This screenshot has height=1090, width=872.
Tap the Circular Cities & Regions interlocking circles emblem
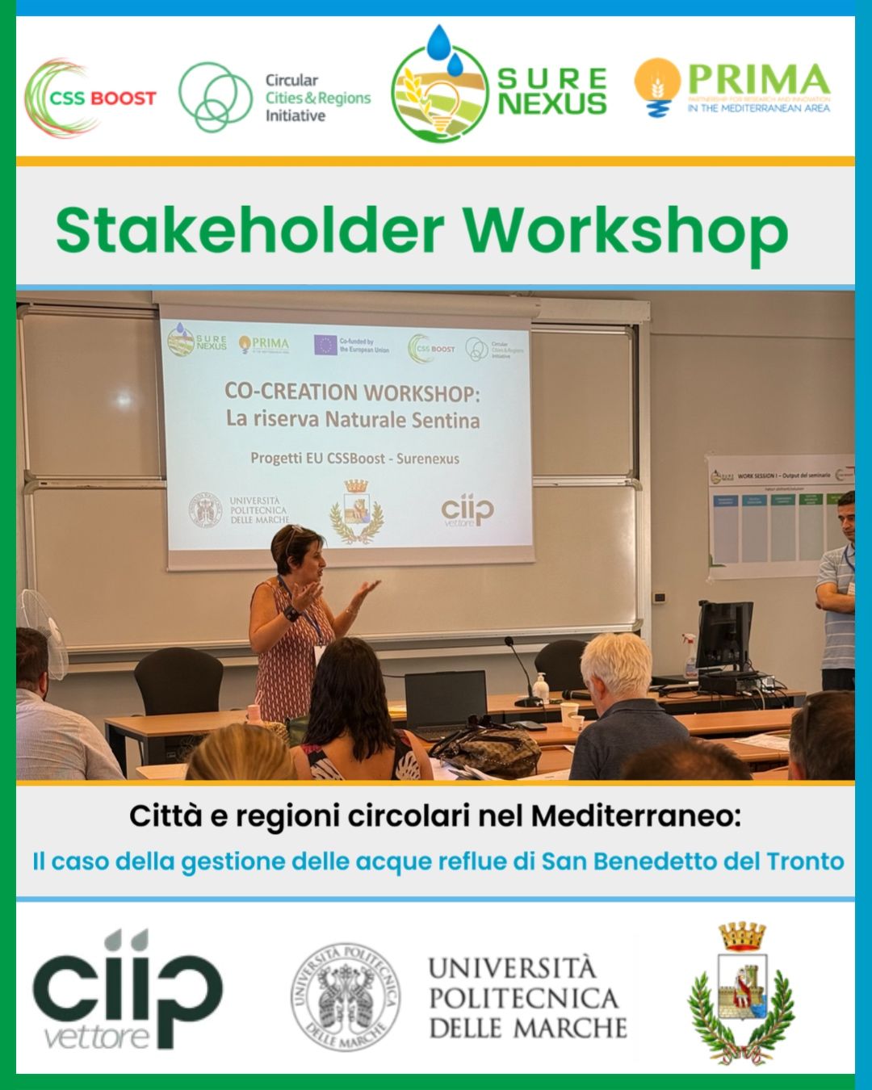point(215,97)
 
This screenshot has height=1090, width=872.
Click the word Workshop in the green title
point(625,233)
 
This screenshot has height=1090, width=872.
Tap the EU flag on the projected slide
point(325,345)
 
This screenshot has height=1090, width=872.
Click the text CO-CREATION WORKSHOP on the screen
point(351,392)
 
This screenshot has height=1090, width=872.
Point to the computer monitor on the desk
point(723,636)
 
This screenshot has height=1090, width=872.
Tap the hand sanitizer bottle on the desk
point(540,688)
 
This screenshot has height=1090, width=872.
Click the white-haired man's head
point(616,664)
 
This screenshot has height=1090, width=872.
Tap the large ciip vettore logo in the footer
point(127,991)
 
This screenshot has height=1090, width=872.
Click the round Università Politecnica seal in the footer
point(346,996)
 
